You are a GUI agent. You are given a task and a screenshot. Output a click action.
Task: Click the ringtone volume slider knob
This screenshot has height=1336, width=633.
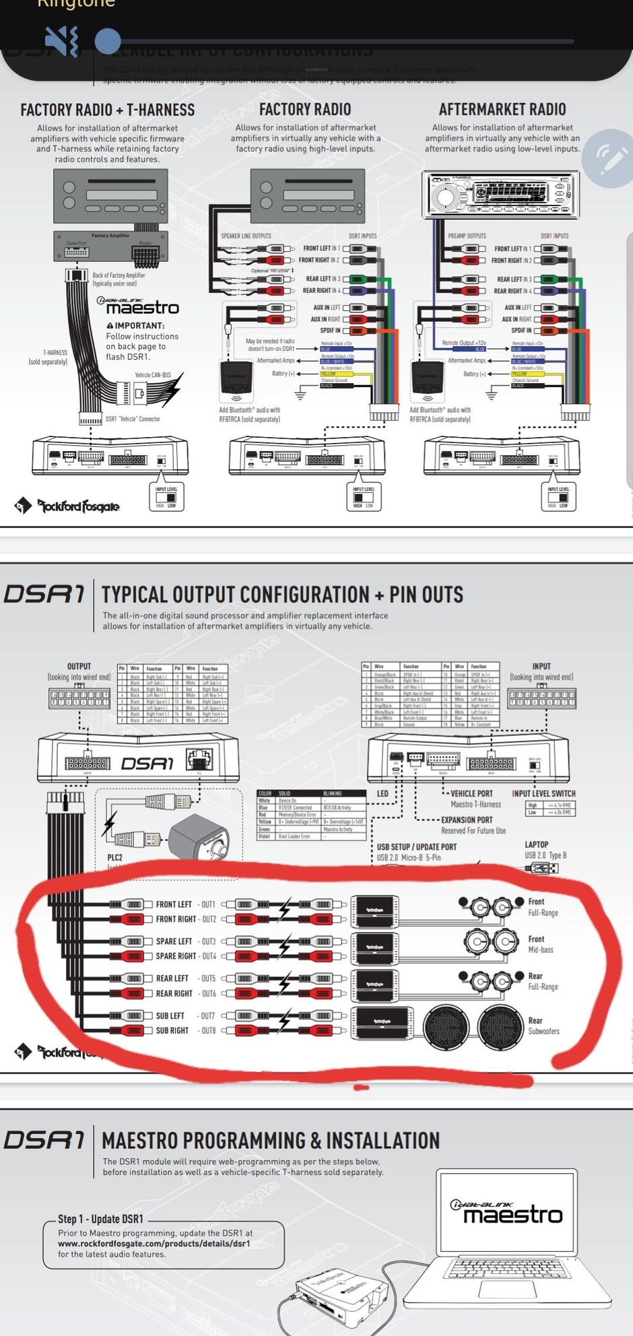click(x=108, y=41)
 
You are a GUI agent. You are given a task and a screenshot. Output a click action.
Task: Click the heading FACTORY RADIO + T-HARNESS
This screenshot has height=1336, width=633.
click(x=107, y=110)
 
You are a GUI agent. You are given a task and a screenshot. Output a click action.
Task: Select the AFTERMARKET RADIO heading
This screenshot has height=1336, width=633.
click(x=502, y=109)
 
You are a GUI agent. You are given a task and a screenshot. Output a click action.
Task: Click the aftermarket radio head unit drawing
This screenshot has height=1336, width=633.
click(x=500, y=195)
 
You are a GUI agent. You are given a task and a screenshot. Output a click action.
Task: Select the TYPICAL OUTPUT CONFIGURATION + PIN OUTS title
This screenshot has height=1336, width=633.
click(x=282, y=595)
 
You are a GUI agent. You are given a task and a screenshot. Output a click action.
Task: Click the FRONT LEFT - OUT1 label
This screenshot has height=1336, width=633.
click(x=185, y=904)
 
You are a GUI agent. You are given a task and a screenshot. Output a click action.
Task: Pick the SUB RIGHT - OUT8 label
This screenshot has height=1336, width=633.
click(x=185, y=1030)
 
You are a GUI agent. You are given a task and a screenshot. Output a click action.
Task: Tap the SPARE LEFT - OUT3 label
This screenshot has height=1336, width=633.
click(x=185, y=941)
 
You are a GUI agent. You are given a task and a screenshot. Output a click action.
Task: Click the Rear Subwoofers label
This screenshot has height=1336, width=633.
click(x=543, y=1026)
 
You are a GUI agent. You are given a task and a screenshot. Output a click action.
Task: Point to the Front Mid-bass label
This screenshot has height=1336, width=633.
click(x=540, y=944)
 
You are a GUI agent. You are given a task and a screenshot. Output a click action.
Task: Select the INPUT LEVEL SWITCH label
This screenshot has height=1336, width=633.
click(x=543, y=793)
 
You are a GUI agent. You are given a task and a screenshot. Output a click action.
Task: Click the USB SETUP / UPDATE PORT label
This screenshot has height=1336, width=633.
click(x=416, y=846)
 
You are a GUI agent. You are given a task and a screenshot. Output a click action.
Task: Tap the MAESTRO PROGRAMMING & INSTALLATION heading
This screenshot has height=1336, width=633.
click(x=270, y=1141)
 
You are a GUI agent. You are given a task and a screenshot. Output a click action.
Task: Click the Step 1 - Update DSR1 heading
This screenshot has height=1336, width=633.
click(x=100, y=1219)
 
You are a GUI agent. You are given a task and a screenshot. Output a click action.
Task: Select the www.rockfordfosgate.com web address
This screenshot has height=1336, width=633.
click(x=154, y=1244)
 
